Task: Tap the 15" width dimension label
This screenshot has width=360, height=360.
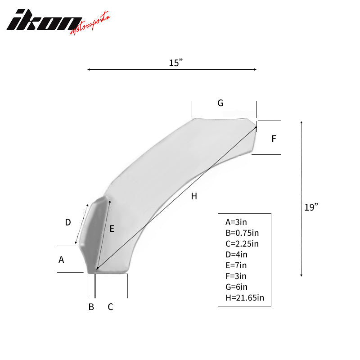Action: [x=175, y=63]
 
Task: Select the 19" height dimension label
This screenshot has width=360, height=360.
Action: [x=311, y=207]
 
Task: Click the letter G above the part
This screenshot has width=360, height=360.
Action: [x=220, y=103]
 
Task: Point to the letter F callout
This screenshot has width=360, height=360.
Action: [x=274, y=139]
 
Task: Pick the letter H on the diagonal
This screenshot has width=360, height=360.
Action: [x=193, y=196]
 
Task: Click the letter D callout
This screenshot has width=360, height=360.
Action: [x=68, y=222]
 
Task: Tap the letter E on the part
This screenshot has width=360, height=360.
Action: [x=112, y=229]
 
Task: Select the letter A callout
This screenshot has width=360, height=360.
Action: [x=62, y=259]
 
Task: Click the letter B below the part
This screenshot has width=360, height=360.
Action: [x=91, y=307]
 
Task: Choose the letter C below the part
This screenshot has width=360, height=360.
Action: [x=110, y=307]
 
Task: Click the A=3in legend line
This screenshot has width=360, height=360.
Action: [x=236, y=222]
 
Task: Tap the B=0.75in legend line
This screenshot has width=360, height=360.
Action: [x=242, y=233]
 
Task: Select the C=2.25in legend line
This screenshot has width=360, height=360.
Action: [x=242, y=243]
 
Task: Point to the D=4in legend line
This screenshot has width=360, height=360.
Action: [x=237, y=254]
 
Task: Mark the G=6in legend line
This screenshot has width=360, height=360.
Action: [x=237, y=287]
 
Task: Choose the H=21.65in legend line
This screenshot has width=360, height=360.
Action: [x=243, y=297]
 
